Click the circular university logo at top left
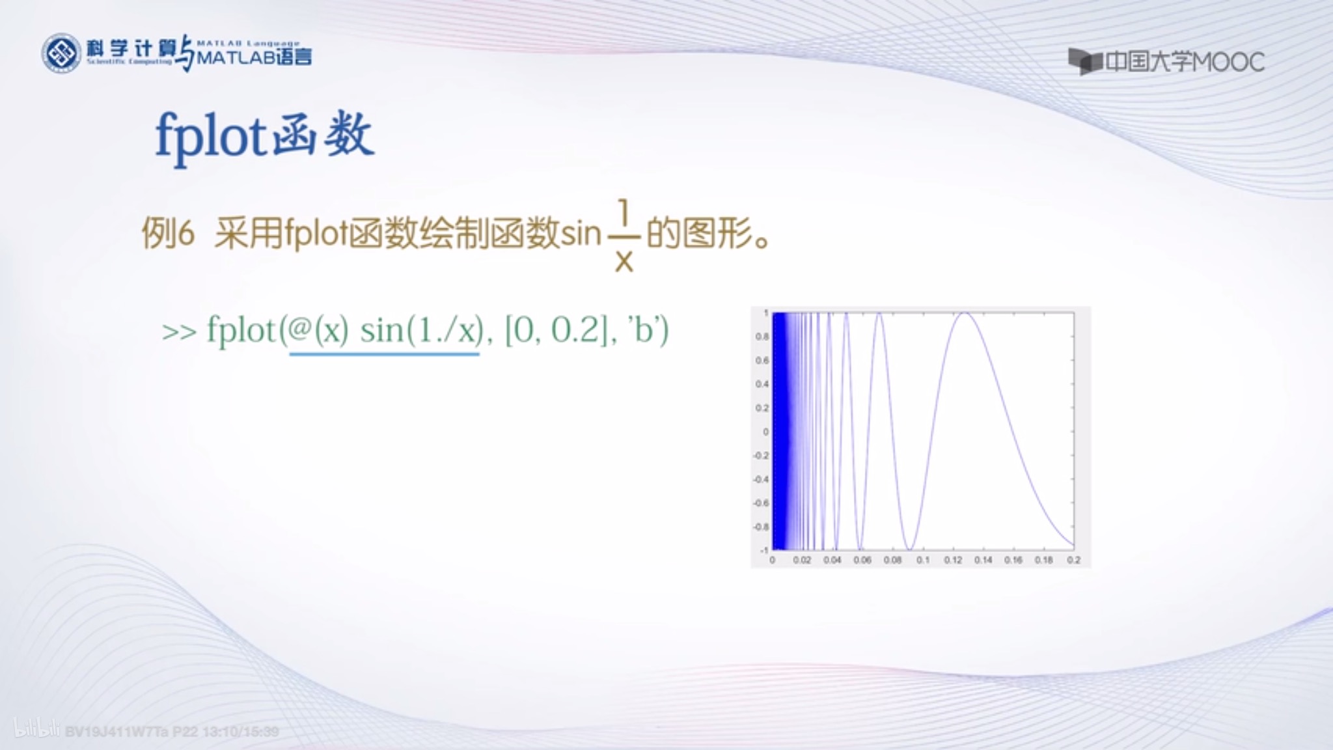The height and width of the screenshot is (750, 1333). [x=61, y=53]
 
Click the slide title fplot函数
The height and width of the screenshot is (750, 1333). [x=264, y=136]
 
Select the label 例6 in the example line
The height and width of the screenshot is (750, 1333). [x=168, y=233]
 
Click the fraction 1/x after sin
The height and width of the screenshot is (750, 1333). [x=624, y=236]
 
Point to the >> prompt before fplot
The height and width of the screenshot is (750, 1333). [x=179, y=332]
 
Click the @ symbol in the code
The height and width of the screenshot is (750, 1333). [x=299, y=330]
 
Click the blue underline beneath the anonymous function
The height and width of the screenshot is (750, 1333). [x=384, y=354]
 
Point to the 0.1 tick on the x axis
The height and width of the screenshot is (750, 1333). [x=923, y=560]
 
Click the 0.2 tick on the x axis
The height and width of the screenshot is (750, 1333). [x=1074, y=560]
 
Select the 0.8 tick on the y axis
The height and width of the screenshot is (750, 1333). [x=762, y=337]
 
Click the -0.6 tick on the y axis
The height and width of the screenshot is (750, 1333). [x=761, y=503]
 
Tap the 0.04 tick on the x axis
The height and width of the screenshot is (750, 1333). [x=832, y=560]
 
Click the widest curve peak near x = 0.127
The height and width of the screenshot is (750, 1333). [x=964, y=314]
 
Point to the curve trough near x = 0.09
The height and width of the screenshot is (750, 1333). [x=910, y=549]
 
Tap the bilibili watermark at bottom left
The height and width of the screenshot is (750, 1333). [x=36, y=730]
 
